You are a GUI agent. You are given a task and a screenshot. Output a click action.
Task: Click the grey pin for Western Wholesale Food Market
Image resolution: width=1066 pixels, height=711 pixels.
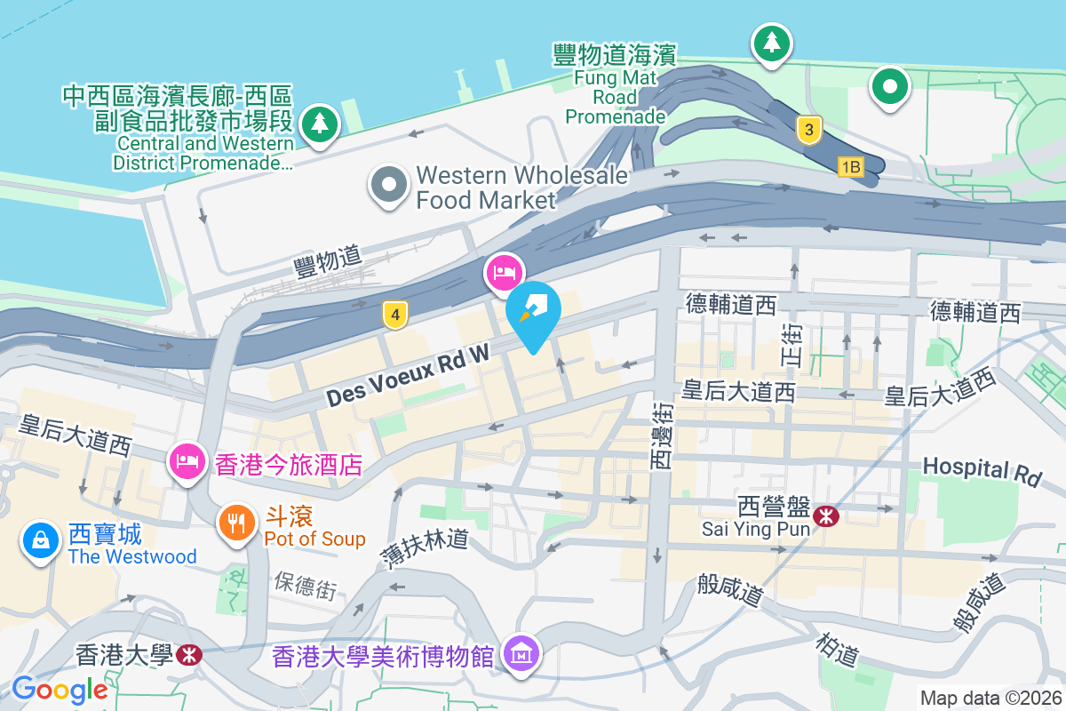(x=388, y=185)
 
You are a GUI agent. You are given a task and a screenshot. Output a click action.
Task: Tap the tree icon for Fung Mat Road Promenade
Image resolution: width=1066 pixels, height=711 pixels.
(x=772, y=42)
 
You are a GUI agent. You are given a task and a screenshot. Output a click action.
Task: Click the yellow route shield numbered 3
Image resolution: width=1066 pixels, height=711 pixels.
(x=807, y=130)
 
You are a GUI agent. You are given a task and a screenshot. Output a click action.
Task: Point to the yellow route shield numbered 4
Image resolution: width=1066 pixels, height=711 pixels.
(x=395, y=313)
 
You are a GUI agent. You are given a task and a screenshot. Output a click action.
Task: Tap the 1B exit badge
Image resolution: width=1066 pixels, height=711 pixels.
(x=850, y=166)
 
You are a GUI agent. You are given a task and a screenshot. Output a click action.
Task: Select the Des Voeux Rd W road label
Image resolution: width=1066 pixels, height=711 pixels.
(x=408, y=376)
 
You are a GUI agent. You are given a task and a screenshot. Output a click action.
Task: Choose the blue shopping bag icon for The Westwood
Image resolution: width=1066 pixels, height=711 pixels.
(x=41, y=539)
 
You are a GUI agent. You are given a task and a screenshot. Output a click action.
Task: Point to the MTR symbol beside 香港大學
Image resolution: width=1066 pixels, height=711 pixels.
(x=188, y=655)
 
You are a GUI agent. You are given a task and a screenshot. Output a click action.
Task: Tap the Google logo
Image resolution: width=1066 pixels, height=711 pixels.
(x=60, y=689)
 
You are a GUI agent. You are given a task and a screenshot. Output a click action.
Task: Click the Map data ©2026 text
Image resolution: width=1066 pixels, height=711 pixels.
(x=990, y=698)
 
